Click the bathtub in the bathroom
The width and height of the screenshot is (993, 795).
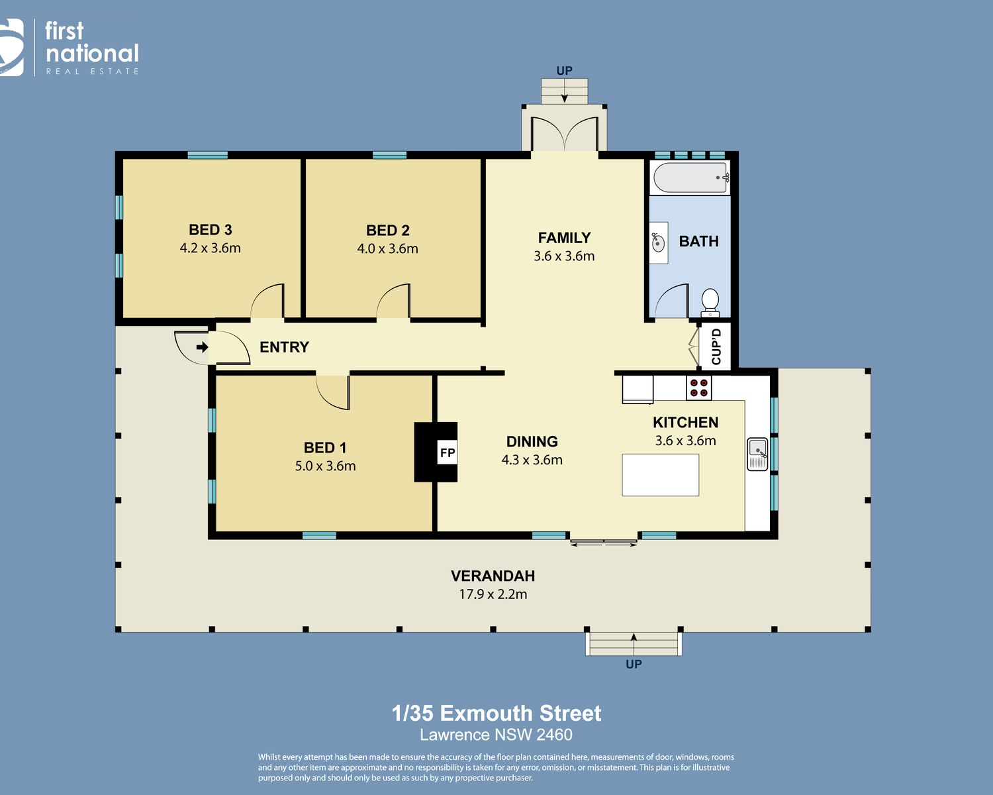pos(690,178)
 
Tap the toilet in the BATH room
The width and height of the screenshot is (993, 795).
pos(710,303)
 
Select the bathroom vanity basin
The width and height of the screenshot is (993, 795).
pos(659,242)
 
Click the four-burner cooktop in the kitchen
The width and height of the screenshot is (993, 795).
pos(698,388)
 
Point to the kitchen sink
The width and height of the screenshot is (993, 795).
pos(757,454)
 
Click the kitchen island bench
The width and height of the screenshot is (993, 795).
pos(660,475)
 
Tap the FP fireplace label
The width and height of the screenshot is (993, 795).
pos(447,452)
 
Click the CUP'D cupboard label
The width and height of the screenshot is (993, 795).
pos(716,346)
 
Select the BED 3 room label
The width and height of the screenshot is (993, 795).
pos(211,230)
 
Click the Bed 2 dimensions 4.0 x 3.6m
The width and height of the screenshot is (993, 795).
pos(388,248)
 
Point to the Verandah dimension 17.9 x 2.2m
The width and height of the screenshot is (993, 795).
pos(493,594)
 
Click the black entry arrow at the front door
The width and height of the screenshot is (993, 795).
pos(202,347)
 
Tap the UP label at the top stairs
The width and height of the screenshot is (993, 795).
pos(564,71)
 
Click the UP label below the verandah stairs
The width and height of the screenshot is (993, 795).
pos(634,664)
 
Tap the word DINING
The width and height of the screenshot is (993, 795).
pos(532,442)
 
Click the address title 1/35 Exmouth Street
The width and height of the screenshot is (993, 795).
pos(496,714)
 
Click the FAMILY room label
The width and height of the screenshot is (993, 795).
pos(564,237)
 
